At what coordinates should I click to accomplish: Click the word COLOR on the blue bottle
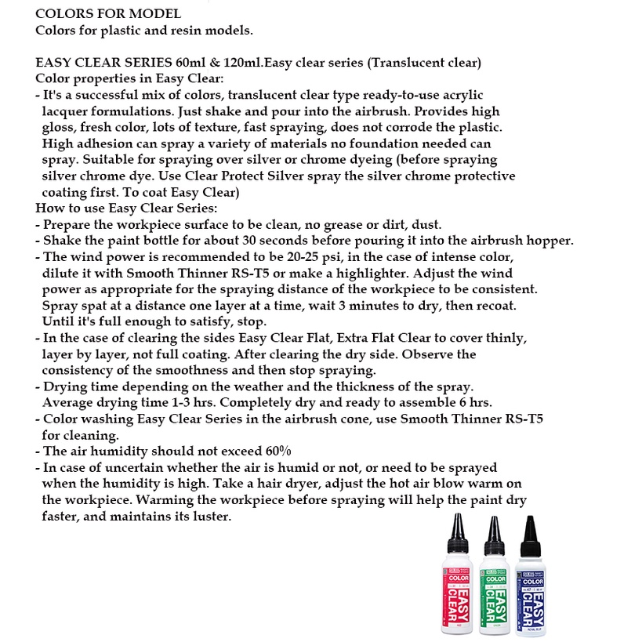click(x=533, y=582)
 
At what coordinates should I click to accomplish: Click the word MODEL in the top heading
click(x=155, y=13)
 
